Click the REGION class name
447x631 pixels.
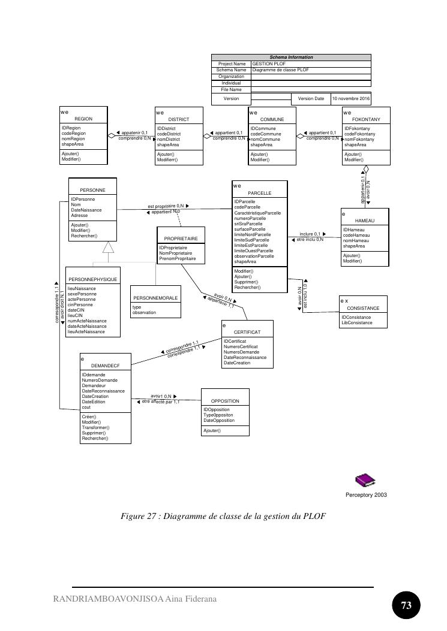83,119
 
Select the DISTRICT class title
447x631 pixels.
178,119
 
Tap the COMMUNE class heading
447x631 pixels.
272,119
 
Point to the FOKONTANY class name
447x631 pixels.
366,119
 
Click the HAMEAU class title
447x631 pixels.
364,221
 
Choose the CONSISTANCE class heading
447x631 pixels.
364,308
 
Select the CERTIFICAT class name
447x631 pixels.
247,331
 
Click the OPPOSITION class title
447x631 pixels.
225,401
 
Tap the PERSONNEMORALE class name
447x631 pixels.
155,298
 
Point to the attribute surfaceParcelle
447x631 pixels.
250,229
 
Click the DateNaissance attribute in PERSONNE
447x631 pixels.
86,210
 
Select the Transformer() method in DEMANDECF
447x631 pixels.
95,427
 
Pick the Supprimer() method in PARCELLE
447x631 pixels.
246,282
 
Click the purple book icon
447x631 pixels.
365,480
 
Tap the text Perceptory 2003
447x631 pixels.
366,495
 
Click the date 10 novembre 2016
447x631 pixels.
351,98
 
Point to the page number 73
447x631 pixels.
406,605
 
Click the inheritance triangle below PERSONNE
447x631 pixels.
107,247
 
